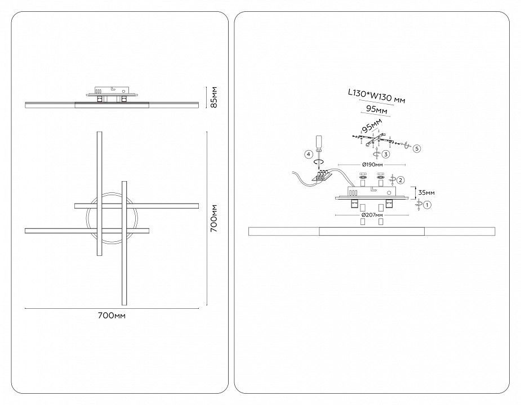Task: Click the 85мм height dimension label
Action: click(215, 97)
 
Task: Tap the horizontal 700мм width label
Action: click(112, 316)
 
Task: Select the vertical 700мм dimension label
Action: click(215, 218)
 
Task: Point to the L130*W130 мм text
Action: click(376, 96)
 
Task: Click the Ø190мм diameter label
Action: click(372, 164)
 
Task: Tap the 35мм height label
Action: click(426, 192)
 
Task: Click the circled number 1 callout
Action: click(428, 205)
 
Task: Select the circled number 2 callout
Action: click(400, 180)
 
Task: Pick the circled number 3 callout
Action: click(386, 154)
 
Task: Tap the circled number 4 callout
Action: click(309, 154)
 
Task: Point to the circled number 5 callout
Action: click(417, 148)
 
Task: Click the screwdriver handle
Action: click(319, 142)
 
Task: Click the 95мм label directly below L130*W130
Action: click(376, 109)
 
